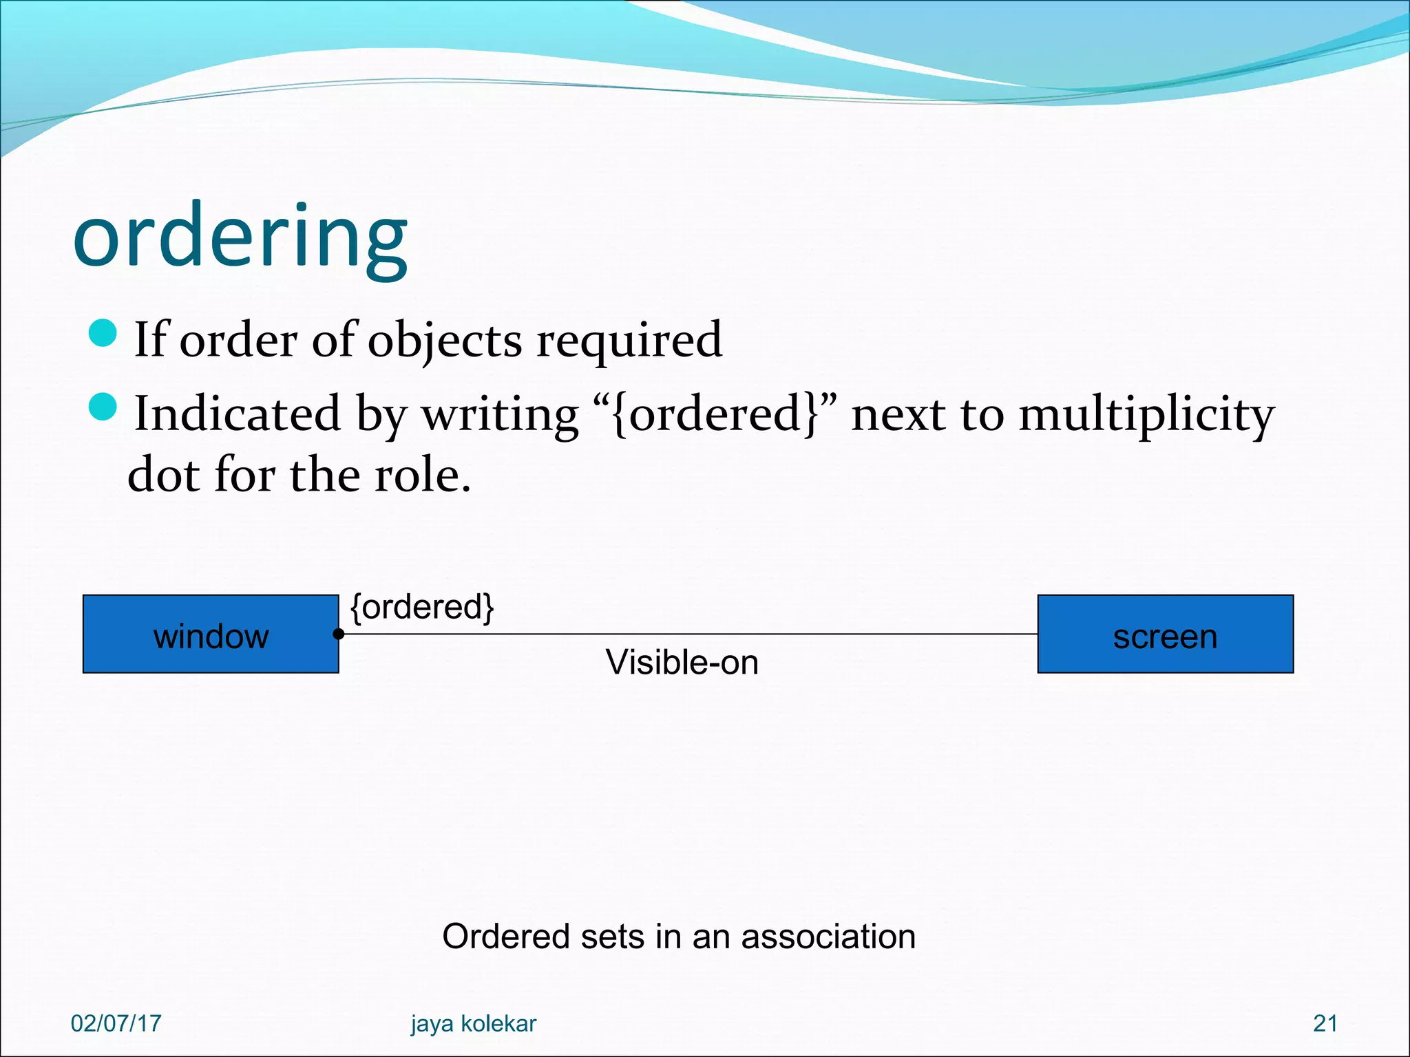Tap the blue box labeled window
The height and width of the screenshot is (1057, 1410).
click(x=211, y=634)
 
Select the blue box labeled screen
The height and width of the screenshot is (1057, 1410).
click(x=1165, y=634)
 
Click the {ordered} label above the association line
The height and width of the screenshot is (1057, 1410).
click(x=422, y=607)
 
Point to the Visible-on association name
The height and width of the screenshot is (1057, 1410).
click(x=682, y=662)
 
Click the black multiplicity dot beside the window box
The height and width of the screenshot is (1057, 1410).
click(x=339, y=634)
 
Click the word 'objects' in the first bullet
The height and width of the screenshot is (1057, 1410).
click(x=445, y=340)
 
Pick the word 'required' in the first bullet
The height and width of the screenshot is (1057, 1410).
click(x=629, y=340)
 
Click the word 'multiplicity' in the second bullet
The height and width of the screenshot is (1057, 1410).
click(x=1146, y=414)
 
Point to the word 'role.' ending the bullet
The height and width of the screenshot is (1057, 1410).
click(x=422, y=475)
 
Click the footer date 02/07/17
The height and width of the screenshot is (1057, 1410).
click(x=116, y=1023)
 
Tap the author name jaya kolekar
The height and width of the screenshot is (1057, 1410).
click(x=473, y=1024)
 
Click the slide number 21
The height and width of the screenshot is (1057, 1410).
click(x=1325, y=1023)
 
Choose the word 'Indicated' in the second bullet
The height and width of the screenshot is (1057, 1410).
click(x=238, y=414)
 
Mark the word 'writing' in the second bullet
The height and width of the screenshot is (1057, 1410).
click(x=500, y=414)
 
